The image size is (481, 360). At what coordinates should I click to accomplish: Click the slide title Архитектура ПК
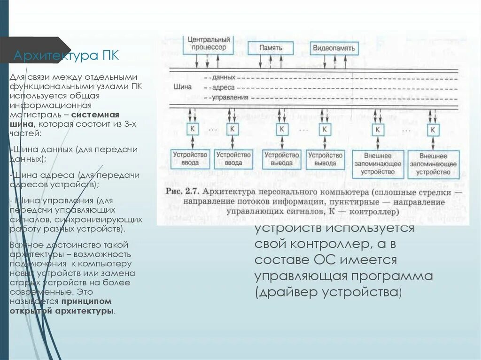(66, 56)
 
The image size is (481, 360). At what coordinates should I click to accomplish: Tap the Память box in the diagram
(270, 48)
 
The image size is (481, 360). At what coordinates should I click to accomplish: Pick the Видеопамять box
(334, 48)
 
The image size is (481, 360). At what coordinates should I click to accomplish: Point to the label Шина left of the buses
(183, 87)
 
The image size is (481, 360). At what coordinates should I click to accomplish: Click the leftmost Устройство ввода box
(190, 159)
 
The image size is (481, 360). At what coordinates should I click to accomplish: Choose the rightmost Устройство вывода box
(325, 159)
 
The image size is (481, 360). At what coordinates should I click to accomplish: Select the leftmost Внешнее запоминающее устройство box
(378, 164)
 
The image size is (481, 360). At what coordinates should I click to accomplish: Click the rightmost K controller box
(434, 129)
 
